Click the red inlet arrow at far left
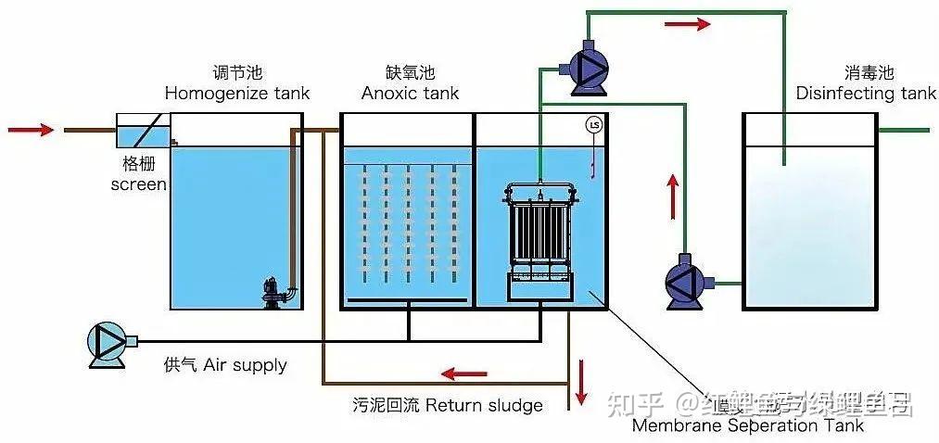coord(31,130)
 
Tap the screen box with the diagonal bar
coord(142,132)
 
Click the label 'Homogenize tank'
coord(236,94)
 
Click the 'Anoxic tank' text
coord(410,94)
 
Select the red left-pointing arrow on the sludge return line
coord(463,374)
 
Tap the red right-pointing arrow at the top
coord(688,24)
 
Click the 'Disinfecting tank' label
coord(866,94)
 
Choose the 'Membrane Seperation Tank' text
coord(747,425)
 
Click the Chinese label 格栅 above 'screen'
coord(138,164)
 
